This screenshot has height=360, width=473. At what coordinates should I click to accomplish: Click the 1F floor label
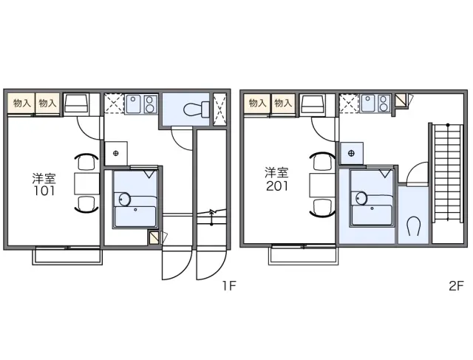(x=229, y=285)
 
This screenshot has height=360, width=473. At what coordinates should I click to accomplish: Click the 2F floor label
(x=456, y=285)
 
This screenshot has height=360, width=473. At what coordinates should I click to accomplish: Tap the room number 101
(x=44, y=191)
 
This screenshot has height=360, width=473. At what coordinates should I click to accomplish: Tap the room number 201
(x=277, y=186)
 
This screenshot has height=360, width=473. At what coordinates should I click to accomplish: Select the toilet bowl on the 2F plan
(x=413, y=226)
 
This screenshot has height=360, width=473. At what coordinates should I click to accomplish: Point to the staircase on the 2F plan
(x=448, y=172)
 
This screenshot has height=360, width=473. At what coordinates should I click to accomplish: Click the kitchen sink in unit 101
(x=134, y=104)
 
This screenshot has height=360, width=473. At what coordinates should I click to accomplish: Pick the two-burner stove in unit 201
(x=384, y=103)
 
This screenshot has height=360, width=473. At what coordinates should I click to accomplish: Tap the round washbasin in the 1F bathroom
(x=125, y=199)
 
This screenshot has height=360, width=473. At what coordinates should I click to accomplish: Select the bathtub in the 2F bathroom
(x=371, y=214)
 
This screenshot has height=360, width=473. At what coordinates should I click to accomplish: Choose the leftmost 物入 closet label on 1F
(x=22, y=103)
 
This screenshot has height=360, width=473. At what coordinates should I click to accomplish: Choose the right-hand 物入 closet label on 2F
(x=282, y=103)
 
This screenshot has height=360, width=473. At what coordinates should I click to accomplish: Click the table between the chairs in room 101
(x=87, y=183)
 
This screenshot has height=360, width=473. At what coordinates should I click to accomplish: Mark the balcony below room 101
(x=67, y=256)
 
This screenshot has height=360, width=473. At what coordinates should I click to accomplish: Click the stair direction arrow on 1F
(x=212, y=217)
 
